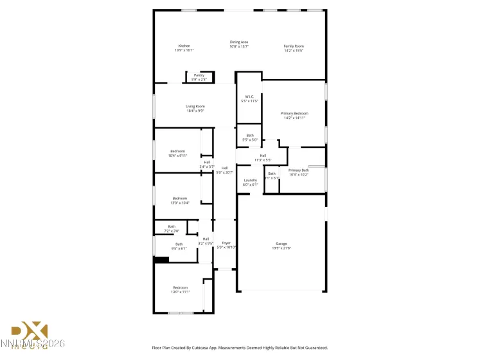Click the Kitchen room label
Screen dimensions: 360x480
pos(184,46)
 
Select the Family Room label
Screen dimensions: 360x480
pos(294,46)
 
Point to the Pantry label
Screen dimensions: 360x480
pos(199,75)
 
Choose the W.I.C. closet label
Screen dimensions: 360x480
pos(249,97)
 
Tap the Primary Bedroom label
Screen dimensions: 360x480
pos(293,113)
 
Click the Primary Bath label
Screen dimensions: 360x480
pos(299,170)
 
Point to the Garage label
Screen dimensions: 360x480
pos(281,244)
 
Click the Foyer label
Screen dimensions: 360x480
pos(226,243)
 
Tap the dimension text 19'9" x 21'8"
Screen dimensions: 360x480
pos(281,248)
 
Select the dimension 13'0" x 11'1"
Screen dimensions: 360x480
pos(180,292)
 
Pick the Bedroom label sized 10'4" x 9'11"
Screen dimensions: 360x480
pos(177,151)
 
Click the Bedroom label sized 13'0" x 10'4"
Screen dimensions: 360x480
pos(180,198)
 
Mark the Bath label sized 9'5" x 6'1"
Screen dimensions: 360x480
pos(179,244)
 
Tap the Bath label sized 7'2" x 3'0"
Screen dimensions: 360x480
pos(172,226)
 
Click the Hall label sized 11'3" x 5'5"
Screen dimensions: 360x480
pos(263,156)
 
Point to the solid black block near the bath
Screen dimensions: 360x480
pos(161,260)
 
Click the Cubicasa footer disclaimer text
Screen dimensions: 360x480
pos(240,347)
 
